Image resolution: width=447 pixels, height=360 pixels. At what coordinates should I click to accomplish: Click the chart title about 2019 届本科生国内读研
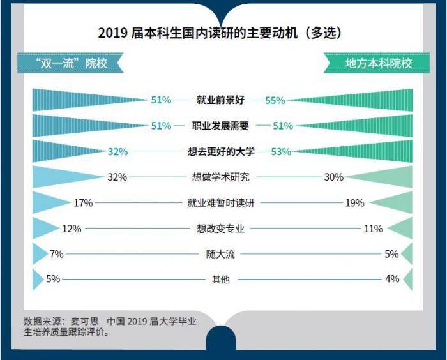click(223, 33)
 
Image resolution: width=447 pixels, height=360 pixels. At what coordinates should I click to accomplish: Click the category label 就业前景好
click(220, 100)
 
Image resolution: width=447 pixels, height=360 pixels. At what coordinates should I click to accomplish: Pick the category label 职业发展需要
click(220, 126)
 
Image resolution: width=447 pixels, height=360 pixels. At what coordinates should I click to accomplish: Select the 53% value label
click(281, 151)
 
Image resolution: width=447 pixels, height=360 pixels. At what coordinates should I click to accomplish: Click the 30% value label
click(334, 177)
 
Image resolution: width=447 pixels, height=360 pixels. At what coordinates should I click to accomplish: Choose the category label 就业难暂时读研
click(221, 203)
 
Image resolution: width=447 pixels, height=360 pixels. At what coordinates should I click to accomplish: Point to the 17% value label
click(84, 203)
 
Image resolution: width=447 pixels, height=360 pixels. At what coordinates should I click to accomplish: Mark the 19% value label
click(354, 203)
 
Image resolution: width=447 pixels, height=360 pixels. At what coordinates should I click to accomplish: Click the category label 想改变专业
click(221, 229)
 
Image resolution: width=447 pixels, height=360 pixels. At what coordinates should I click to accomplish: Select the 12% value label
click(72, 229)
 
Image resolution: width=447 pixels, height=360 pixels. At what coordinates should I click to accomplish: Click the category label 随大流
click(221, 254)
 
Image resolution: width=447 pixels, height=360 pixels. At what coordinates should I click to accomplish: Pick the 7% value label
click(56, 254)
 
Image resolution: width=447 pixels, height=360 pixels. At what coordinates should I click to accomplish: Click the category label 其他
click(220, 279)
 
